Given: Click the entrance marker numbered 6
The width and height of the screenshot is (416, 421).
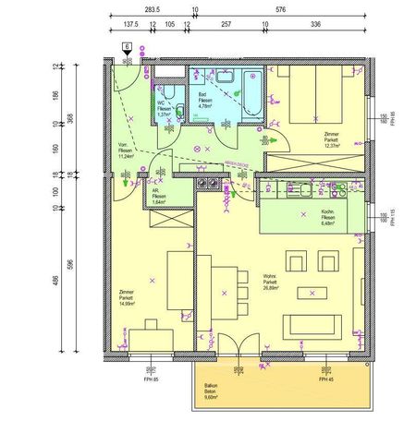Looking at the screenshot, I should pos(126,45).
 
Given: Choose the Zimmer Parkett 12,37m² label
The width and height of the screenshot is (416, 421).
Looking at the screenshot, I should pos(332,138).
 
